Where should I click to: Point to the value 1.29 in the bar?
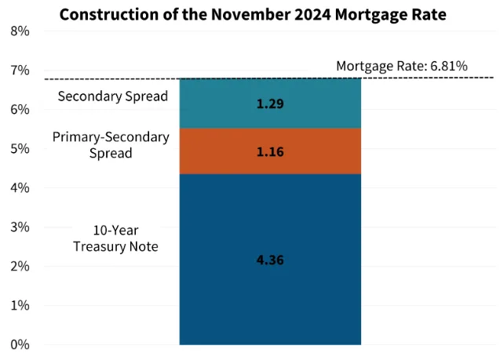(x=270, y=103)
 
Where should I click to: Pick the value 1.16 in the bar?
(x=270, y=151)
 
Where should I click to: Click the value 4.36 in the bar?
(x=270, y=260)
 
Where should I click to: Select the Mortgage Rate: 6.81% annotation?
(x=401, y=66)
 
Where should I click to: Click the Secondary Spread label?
(x=113, y=96)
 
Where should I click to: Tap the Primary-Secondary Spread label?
(x=111, y=144)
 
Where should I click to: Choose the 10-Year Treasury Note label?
(x=115, y=238)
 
